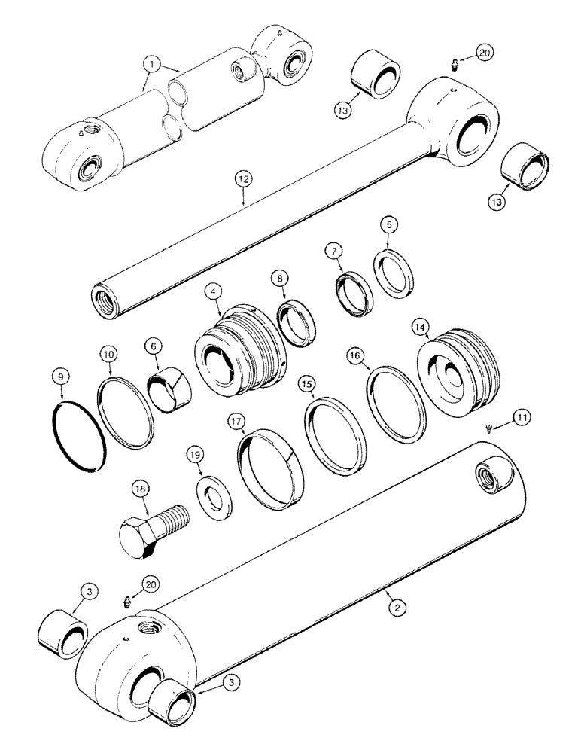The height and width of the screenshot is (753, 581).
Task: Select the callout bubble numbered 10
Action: point(109,351)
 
